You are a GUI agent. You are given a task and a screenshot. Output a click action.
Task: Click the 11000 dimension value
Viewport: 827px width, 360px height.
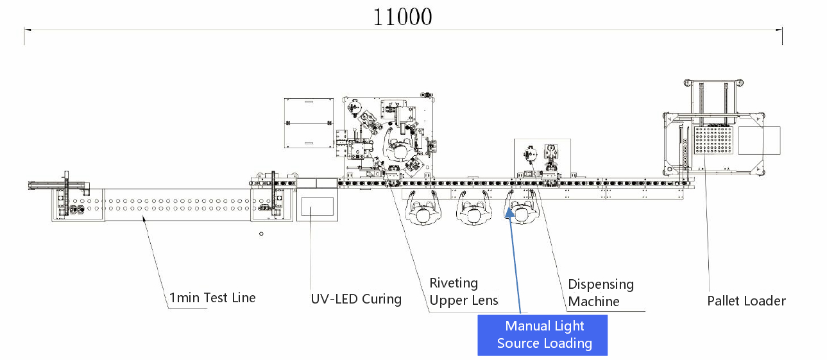tap(403, 17)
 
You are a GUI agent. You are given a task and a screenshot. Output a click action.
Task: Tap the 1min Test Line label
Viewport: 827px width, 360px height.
tap(212, 298)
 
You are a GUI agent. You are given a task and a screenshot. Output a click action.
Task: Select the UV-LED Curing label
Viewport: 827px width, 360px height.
tap(355, 299)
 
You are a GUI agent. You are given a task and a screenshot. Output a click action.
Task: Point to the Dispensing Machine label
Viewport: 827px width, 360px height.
tap(601, 293)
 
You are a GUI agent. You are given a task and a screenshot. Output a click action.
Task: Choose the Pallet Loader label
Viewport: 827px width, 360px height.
tap(746, 300)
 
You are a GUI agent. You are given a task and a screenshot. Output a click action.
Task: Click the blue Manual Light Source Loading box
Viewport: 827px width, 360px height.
tap(543, 334)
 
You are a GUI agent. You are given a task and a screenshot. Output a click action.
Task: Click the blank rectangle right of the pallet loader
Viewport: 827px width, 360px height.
tap(759, 141)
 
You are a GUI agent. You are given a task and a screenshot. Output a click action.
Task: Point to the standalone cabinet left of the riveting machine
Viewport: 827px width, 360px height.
tap(309, 122)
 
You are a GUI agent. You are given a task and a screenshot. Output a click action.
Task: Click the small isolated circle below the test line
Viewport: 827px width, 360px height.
tap(261, 234)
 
